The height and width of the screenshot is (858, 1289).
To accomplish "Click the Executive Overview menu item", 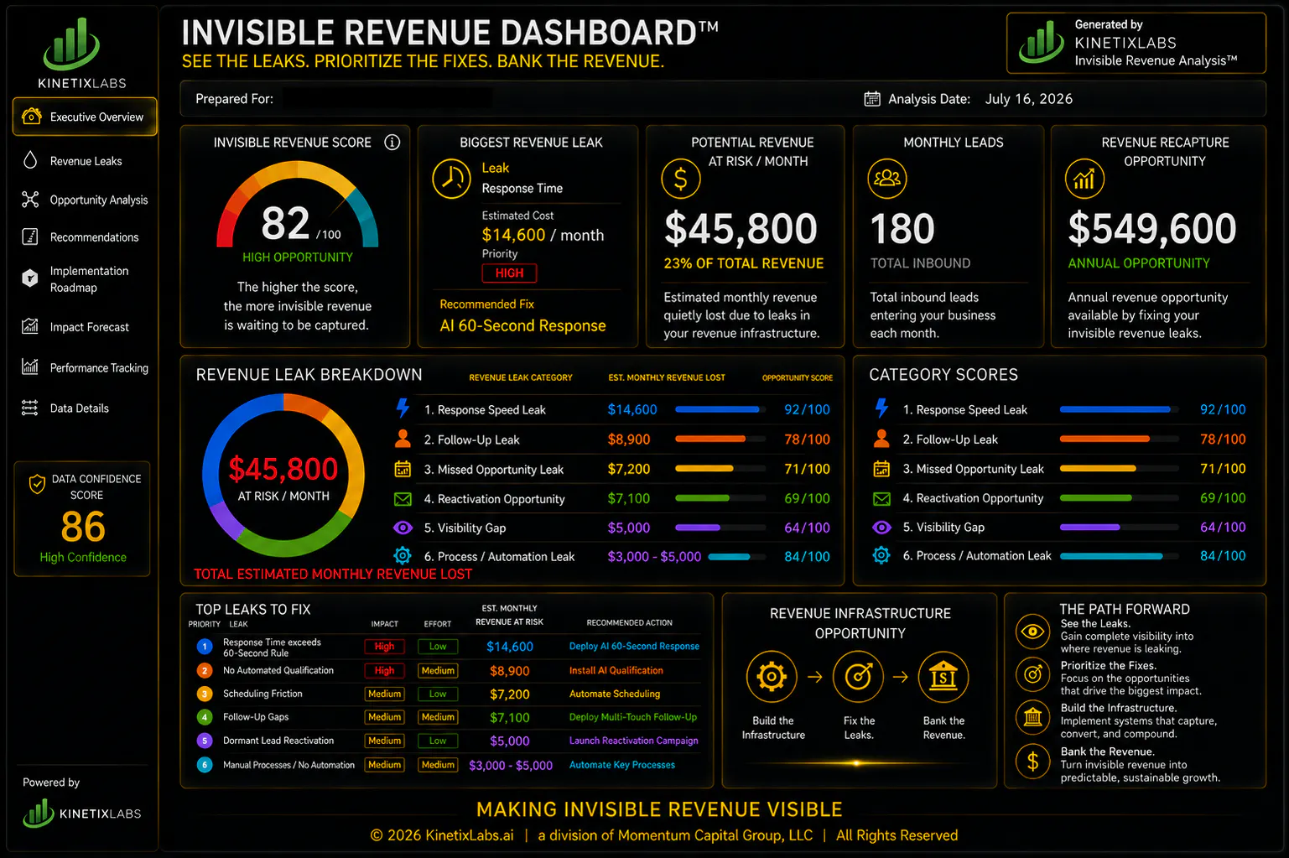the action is [x=85, y=117].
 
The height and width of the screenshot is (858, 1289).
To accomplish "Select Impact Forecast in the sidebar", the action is [x=89, y=327].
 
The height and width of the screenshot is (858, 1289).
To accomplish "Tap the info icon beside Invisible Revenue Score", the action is [x=392, y=142].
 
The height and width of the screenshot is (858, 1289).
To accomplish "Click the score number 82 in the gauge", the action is [x=285, y=223].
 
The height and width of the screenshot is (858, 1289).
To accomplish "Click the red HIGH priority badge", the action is [x=509, y=273].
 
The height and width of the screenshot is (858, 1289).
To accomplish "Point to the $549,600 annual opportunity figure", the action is [x=1152, y=228].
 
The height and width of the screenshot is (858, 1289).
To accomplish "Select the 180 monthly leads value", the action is [x=902, y=228].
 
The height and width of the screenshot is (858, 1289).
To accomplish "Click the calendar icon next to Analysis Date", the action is [x=872, y=99].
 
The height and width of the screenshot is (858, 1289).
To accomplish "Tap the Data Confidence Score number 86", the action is [x=83, y=527].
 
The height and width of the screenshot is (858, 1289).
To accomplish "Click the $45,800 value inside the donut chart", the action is [x=283, y=468].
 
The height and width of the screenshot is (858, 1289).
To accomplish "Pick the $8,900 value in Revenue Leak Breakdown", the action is [x=629, y=439].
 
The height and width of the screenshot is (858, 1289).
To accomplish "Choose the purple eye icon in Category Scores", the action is [x=881, y=527].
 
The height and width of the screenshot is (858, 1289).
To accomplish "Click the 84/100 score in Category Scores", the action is [x=1222, y=556].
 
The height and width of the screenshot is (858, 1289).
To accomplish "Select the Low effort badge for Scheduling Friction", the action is [x=437, y=694].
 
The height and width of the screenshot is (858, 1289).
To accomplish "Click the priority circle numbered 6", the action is [x=205, y=765].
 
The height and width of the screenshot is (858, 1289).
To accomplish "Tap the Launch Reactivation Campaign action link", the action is [x=633, y=741].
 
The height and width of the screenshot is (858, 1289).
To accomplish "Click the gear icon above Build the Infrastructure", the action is [x=772, y=677].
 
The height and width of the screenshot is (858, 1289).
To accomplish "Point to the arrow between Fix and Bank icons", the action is [x=901, y=678].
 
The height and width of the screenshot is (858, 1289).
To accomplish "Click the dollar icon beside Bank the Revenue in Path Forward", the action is [x=1033, y=762].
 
